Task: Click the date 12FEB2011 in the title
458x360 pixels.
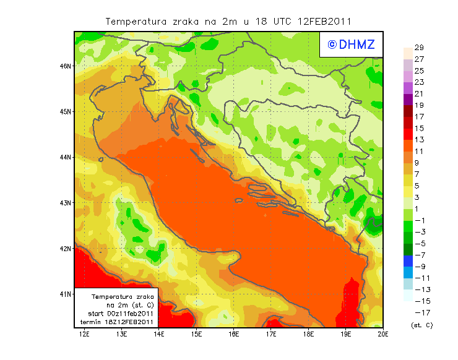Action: click(327, 21)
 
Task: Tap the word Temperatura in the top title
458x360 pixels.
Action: click(137, 21)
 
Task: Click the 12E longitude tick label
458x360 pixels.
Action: click(84, 335)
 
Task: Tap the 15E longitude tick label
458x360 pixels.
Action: click(197, 335)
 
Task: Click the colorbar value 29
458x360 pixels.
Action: click(418, 48)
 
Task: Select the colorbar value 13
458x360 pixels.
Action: click(418, 140)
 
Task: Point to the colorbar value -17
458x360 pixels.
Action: click(421, 312)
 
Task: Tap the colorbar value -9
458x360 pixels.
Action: click(420, 267)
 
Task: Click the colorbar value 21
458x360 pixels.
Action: click(418, 93)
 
